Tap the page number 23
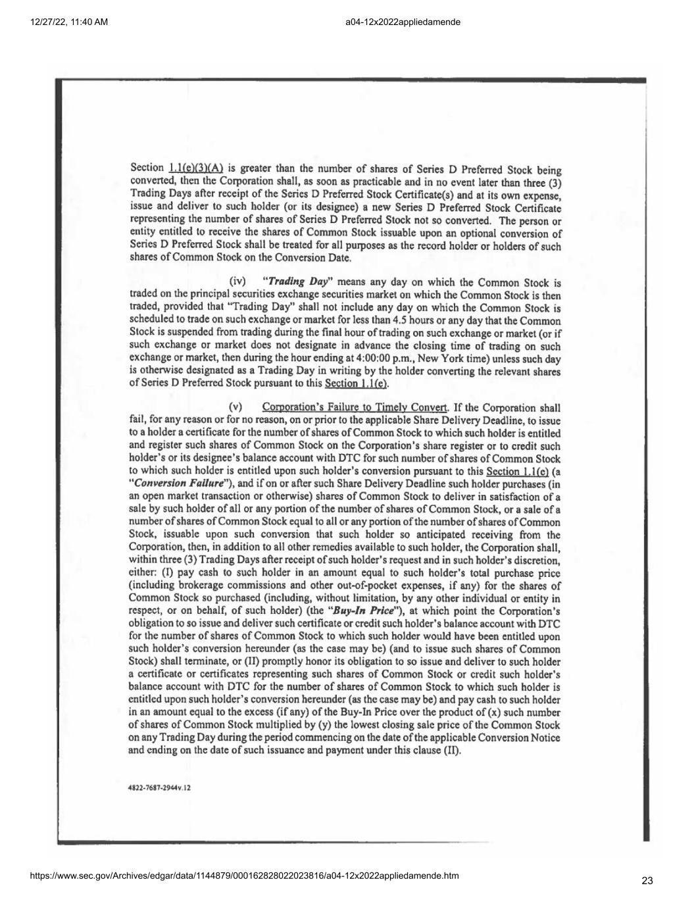tap(647, 881)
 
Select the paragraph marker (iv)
tap(236, 282)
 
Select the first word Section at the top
tap(147, 168)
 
